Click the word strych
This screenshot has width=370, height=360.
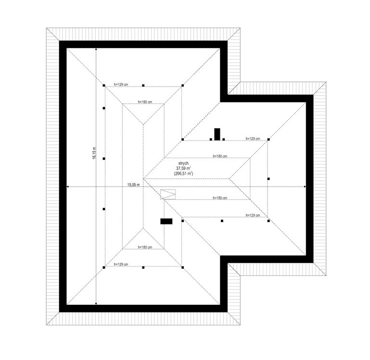click(x=183, y=163)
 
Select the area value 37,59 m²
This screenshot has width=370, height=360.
click(x=183, y=168)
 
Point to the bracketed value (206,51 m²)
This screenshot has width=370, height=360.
click(x=183, y=174)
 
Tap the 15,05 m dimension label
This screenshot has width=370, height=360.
click(x=134, y=185)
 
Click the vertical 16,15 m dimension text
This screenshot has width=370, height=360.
click(x=94, y=153)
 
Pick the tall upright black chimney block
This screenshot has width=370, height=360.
click(x=217, y=135)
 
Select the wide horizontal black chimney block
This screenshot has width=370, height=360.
click(x=166, y=222)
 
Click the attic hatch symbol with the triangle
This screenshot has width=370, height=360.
click(x=168, y=194)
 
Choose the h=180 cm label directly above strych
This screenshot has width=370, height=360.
click(x=220, y=156)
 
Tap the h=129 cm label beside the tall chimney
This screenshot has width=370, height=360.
click(x=253, y=138)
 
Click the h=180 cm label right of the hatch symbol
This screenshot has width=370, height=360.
click(x=220, y=198)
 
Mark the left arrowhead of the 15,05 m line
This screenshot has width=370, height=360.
click(x=68, y=186)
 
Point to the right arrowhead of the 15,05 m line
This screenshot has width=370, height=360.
click(x=305, y=186)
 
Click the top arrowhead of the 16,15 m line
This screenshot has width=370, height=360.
click(x=96, y=50)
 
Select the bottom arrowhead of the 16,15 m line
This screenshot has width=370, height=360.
click(x=96, y=304)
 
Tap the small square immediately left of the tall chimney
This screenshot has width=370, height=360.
click(x=211, y=139)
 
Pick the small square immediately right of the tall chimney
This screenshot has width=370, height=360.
click(x=223, y=139)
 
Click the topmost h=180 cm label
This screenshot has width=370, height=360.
click(x=145, y=102)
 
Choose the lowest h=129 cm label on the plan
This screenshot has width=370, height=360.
click(x=121, y=264)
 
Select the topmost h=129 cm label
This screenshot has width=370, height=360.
click(x=121, y=85)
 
